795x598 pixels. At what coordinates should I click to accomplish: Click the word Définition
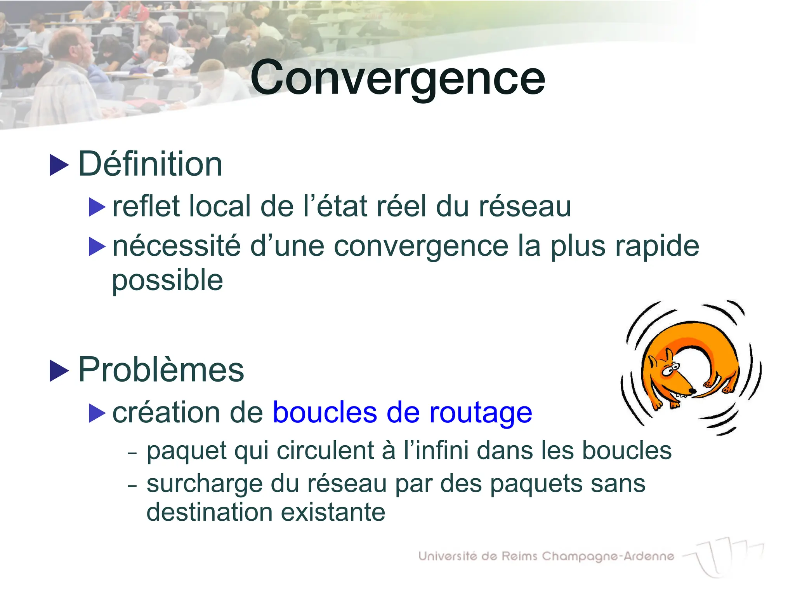coord(151,164)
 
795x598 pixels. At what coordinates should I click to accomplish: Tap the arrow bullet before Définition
coord(59,165)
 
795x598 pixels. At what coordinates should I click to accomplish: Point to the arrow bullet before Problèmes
coord(59,371)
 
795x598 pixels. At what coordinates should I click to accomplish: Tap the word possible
coord(167,281)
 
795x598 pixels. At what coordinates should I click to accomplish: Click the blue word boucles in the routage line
coord(325,412)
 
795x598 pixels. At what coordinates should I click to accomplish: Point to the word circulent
coord(325,451)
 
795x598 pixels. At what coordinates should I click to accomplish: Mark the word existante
coord(333,512)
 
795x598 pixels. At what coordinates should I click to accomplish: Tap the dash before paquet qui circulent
coord(132,453)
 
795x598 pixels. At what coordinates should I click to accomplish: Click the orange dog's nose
coord(692,391)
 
